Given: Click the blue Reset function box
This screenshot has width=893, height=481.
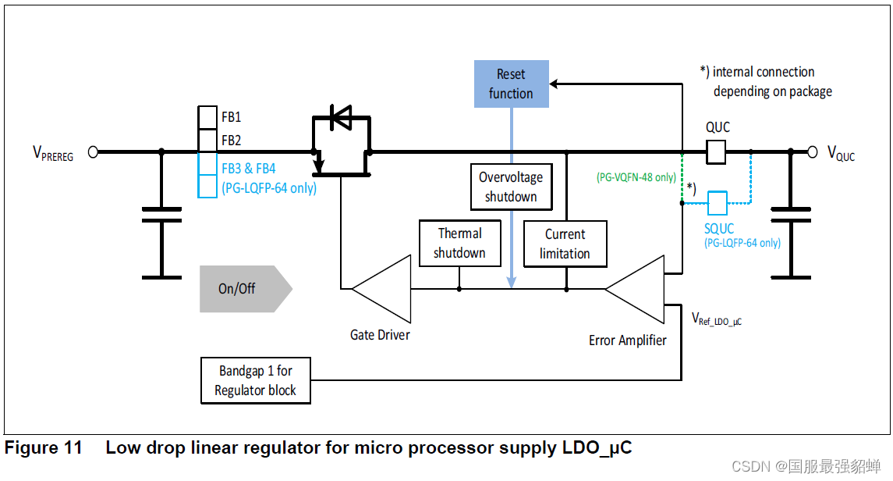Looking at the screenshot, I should point(511,84).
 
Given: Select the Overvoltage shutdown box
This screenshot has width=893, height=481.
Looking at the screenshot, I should point(511,187).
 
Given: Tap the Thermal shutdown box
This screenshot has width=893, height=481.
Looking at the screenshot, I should point(459,243).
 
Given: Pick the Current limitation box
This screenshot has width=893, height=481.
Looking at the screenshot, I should point(565,244).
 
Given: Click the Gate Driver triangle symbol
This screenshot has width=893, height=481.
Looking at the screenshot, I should point(381,288).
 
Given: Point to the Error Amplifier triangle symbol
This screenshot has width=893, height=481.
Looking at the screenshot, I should point(634,289).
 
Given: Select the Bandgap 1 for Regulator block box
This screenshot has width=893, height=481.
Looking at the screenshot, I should point(255,380).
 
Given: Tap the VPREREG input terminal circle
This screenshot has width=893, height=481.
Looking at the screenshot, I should point(93,152).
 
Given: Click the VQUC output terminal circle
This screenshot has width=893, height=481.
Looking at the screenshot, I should point(812,152).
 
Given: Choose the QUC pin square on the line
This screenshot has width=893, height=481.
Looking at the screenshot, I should point(717,152).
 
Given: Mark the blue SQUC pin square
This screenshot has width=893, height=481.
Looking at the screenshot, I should point(717,203).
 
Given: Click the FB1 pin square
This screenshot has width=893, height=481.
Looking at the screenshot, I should point(207,117).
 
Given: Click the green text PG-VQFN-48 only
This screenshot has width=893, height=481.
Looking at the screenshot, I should point(636,177).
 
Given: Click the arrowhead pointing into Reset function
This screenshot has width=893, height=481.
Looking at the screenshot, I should point(554,83).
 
